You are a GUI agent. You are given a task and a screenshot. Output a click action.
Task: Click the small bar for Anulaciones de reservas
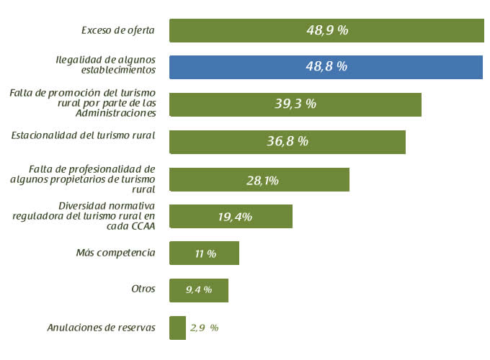pos(177,328)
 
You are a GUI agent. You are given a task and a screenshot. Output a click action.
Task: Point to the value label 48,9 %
pos(327,30)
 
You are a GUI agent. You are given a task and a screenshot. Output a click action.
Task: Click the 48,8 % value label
pos(326,66)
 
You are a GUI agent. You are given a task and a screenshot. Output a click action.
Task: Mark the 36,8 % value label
pos(288,141)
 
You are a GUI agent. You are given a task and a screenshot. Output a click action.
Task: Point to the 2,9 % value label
pos(204,328)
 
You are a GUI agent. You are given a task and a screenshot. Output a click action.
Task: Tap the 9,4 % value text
pos(198,290)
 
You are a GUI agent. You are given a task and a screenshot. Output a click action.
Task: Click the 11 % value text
pos(205,254)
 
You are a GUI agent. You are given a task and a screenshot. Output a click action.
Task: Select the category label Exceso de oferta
pos(118,30)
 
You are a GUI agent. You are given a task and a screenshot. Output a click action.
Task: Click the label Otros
pos(143,289)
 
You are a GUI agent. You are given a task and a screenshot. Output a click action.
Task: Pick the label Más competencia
pos(115,253)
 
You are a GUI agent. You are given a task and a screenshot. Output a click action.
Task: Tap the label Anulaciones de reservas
pos(101,328)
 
